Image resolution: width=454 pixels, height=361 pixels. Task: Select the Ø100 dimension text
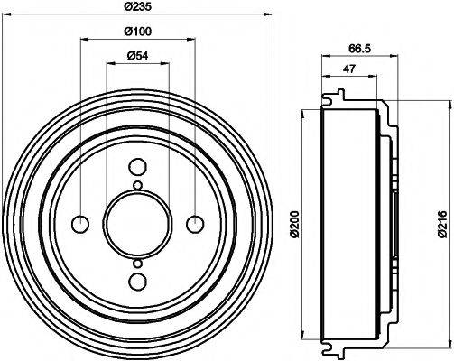137,33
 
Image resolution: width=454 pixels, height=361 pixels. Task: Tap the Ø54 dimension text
137,59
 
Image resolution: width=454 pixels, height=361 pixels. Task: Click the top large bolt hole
137,167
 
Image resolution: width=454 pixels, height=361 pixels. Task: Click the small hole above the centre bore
137,186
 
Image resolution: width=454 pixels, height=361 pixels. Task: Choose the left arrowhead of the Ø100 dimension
84,40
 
